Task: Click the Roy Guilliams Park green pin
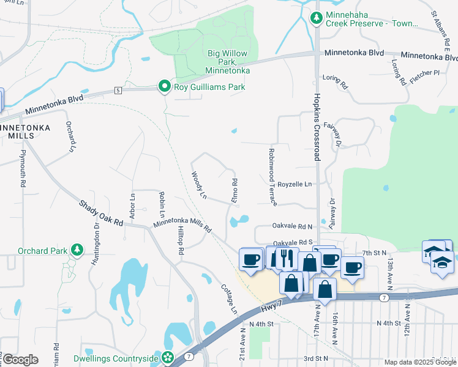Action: pyautogui.click(x=164, y=87)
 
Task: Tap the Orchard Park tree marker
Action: pyautogui.click(x=77, y=250)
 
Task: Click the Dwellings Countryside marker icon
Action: pyautogui.click(x=168, y=358)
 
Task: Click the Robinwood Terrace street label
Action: pyautogui.click(x=271, y=176)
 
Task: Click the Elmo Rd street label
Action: pyautogui.click(x=235, y=190)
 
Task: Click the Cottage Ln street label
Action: pyautogui.click(x=229, y=298)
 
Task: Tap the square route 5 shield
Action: pyautogui.click(x=118, y=90)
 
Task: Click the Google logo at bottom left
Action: pyautogui.click(x=20, y=360)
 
